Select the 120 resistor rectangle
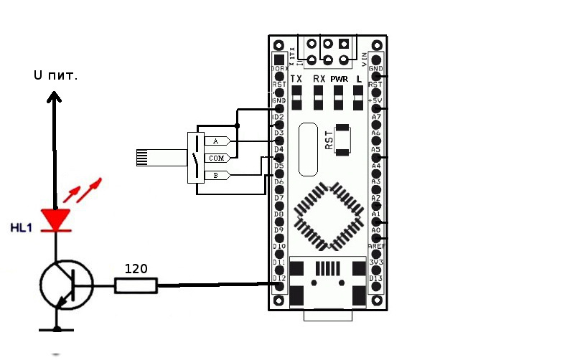coord(136,287)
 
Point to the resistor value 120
coord(136,269)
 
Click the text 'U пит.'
coord(55,74)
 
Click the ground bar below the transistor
coord(55,330)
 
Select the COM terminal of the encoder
coord(216,158)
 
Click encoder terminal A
coord(216,141)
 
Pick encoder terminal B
coord(216,175)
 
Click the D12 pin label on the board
coord(279,278)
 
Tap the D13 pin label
coord(376,278)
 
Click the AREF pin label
coord(376,246)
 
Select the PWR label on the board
coord(339,78)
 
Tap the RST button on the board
coord(344,140)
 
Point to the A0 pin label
coord(375,230)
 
